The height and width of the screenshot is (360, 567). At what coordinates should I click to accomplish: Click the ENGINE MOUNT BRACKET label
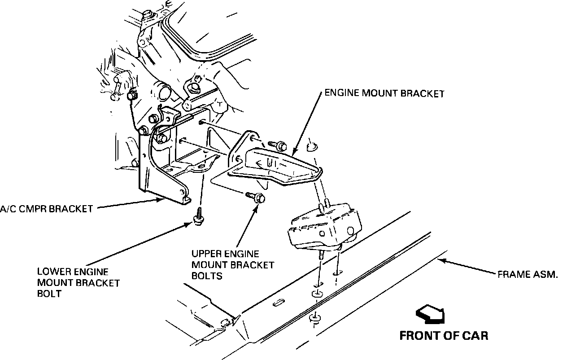click(x=384, y=94)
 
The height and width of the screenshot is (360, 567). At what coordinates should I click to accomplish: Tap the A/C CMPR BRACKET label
click(x=46, y=209)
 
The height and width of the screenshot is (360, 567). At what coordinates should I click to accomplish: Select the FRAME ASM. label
click(x=528, y=274)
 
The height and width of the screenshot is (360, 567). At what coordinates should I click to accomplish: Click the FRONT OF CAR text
click(x=444, y=335)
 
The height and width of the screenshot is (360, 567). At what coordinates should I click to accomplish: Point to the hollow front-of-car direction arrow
click(x=431, y=314)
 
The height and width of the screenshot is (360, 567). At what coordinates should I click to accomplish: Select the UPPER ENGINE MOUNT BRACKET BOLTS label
click(x=232, y=265)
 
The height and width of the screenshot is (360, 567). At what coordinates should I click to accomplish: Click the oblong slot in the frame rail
click(x=279, y=303)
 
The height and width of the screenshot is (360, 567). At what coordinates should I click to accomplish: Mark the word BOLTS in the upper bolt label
click(x=207, y=276)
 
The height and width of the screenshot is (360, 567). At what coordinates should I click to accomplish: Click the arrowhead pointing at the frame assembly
click(x=441, y=260)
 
